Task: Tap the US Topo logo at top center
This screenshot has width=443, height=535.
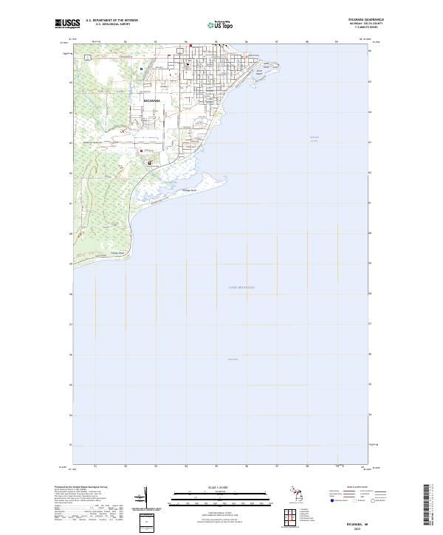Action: pyautogui.click(x=221, y=24)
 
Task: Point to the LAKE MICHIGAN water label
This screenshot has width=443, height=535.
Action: pyautogui.click(x=241, y=287)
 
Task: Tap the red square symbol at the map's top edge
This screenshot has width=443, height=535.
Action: pyautogui.click(x=191, y=46)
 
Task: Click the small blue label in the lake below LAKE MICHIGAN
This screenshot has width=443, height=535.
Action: pyautogui.click(x=233, y=359)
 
